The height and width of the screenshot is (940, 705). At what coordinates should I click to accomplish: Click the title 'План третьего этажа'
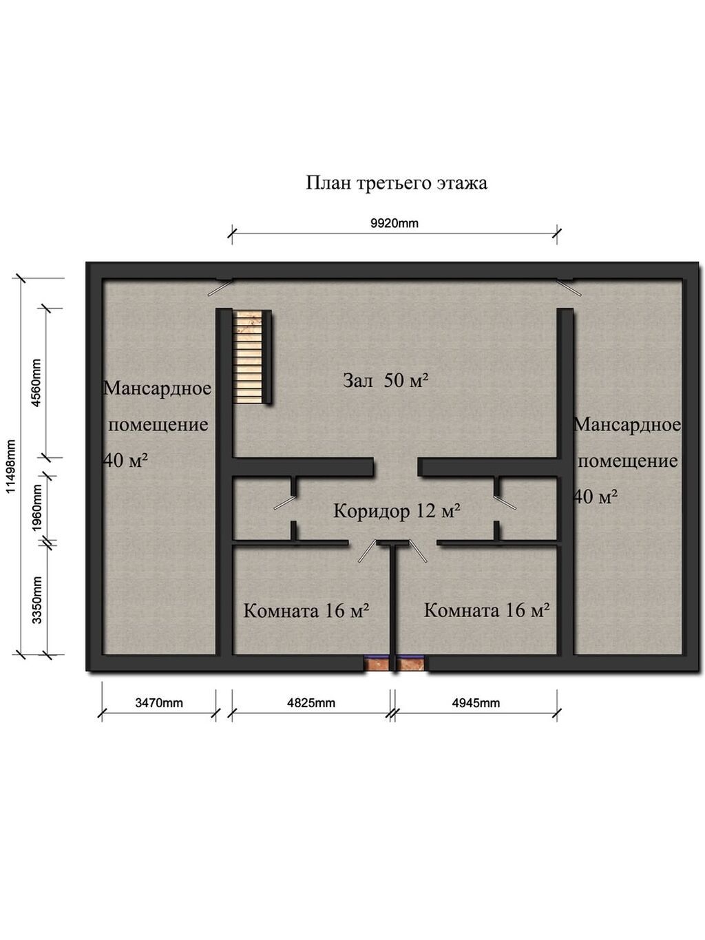pyautogui.click(x=397, y=183)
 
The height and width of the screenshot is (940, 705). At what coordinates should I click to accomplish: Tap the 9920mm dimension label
pyautogui.click(x=394, y=223)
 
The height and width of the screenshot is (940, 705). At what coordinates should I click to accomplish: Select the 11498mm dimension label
pyautogui.click(x=11, y=466)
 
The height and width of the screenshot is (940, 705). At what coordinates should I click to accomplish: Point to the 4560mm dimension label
pyautogui.click(x=36, y=383)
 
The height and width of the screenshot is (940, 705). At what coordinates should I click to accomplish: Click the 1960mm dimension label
pyautogui.click(x=38, y=508)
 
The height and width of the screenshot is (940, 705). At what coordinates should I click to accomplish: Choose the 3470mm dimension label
pyautogui.click(x=159, y=702)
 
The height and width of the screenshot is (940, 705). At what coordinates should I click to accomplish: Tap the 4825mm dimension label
pyautogui.click(x=311, y=702)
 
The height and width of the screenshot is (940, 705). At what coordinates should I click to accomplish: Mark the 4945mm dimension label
pyautogui.click(x=476, y=702)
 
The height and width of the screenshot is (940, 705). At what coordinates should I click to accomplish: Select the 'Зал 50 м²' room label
pyautogui.click(x=386, y=380)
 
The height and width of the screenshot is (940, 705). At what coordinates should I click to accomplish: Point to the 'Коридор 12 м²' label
pyautogui.click(x=397, y=511)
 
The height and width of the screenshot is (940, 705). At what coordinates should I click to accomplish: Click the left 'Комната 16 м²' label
pyautogui.click(x=306, y=611)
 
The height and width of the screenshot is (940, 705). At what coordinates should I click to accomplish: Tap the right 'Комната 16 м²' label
pyautogui.click(x=487, y=610)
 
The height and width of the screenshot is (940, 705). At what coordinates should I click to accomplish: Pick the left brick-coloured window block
pyautogui.click(x=377, y=665)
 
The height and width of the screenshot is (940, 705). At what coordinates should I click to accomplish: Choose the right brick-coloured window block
pyautogui.click(x=411, y=665)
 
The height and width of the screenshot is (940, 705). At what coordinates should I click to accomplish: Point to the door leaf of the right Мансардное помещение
pyautogui.click(x=569, y=288)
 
